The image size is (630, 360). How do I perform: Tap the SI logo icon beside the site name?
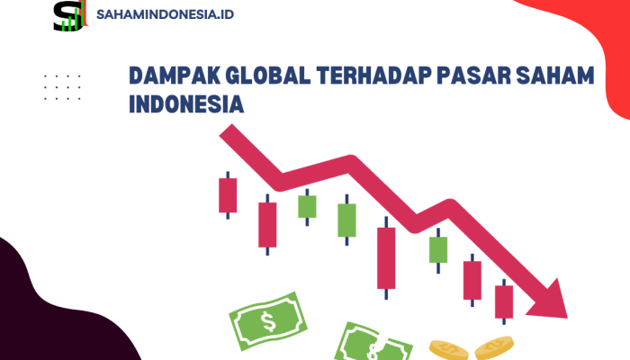68,15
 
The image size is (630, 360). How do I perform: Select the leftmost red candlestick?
228,194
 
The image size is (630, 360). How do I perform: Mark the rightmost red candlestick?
504,301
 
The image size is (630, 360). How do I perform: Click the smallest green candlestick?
308,206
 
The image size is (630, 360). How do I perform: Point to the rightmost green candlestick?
438,248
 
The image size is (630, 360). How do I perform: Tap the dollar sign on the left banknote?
267,319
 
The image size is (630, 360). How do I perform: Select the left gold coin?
446,347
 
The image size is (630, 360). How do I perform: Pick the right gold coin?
493,347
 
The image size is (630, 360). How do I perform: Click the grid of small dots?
63,86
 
